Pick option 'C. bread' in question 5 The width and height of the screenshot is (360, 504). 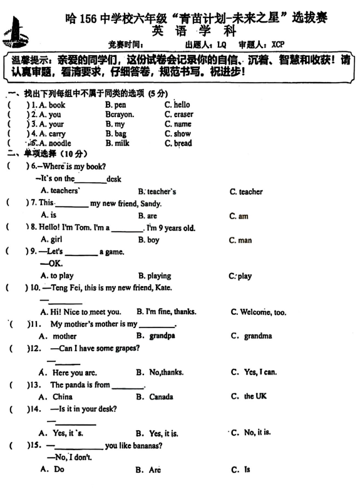click(178, 143)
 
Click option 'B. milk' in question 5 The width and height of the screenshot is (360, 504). click(118, 143)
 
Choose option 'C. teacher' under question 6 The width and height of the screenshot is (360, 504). click(246, 192)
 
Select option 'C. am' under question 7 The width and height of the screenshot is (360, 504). click(239, 216)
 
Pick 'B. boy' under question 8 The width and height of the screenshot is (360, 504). click(148, 240)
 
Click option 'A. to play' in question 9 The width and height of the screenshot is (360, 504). click(57, 275)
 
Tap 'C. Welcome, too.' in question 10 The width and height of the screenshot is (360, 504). click(259, 312)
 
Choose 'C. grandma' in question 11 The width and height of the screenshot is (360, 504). click(251, 336)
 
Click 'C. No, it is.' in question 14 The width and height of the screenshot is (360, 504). click(250, 432)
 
